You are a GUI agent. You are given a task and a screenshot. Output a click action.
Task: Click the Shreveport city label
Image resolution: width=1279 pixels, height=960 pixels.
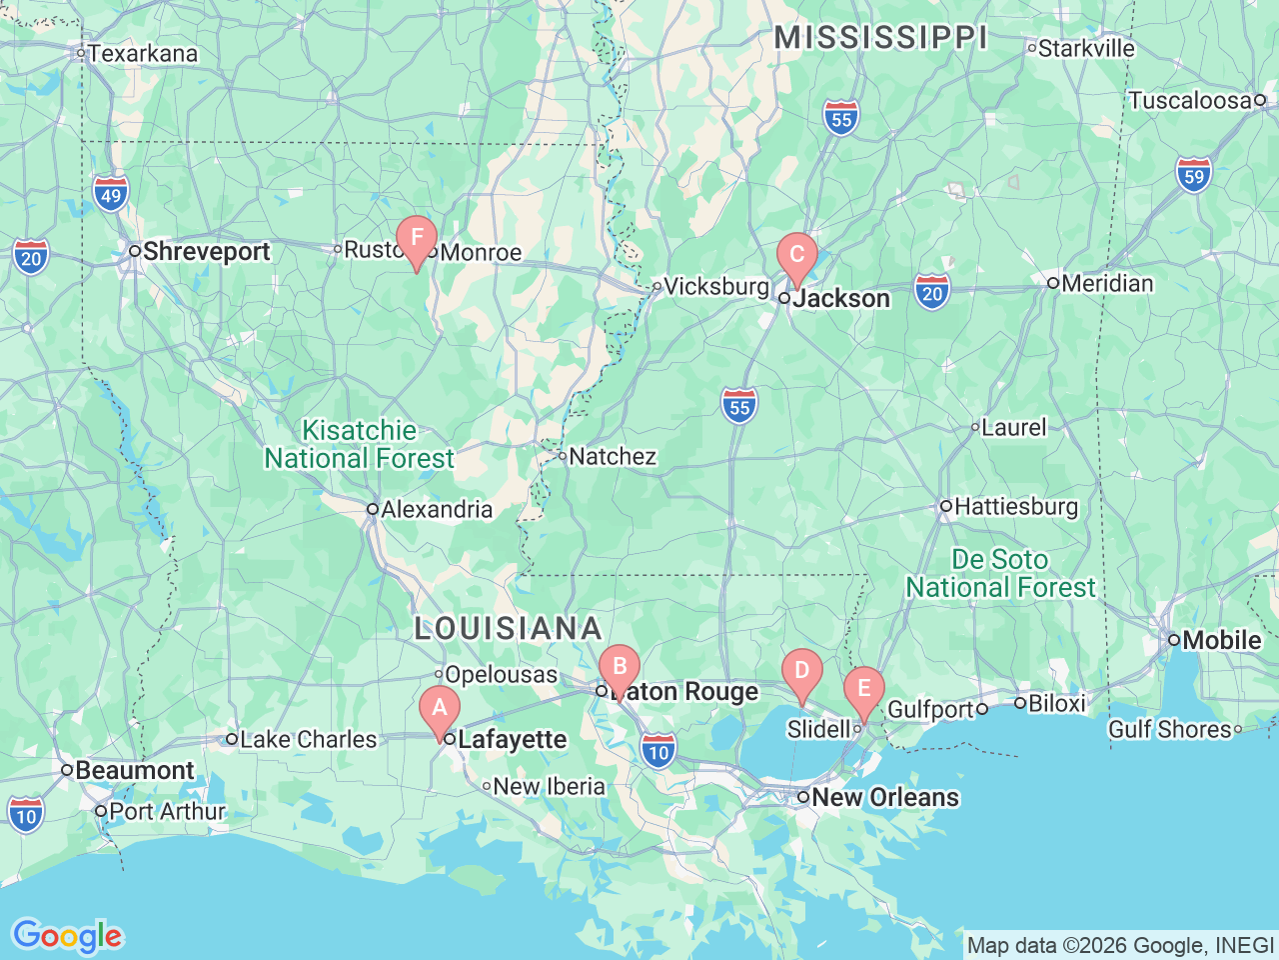click(x=206, y=251)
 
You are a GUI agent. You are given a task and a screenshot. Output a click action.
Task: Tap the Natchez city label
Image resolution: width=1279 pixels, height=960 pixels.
click(x=613, y=457)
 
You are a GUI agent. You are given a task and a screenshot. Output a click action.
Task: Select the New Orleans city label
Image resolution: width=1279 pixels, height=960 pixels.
click(x=885, y=798)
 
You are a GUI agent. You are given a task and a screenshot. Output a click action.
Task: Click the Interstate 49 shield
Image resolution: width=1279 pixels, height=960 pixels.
click(x=111, y=195)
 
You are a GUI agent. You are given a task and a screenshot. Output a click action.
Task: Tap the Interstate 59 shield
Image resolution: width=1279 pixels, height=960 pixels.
click(x=1193, y=176)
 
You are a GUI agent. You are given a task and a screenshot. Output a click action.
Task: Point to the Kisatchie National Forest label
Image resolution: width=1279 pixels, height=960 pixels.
click(x=360, y=445)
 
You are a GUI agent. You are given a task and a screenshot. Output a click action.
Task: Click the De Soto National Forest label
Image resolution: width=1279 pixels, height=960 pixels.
click(x=1000, y=574)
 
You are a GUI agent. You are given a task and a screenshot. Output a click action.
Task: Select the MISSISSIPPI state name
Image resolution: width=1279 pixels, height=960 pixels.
click(x=881, y=38)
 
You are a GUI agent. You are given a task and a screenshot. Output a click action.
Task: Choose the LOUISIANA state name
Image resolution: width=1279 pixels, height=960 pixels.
click(x=509, y=629)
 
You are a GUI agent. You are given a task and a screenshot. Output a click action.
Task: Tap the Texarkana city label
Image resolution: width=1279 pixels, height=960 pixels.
click(x=143, y=54)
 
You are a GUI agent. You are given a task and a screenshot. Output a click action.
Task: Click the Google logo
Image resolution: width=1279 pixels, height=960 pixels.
click(x=67, y=937)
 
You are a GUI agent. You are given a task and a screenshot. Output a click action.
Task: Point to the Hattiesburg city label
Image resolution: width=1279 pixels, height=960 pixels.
click(x=1016, y=507)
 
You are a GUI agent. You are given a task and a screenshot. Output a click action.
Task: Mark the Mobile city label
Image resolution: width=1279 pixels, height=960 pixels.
click(x=1221, y=640)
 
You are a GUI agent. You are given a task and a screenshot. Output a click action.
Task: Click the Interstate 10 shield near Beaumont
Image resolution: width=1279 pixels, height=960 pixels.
click(x=26, y=815)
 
